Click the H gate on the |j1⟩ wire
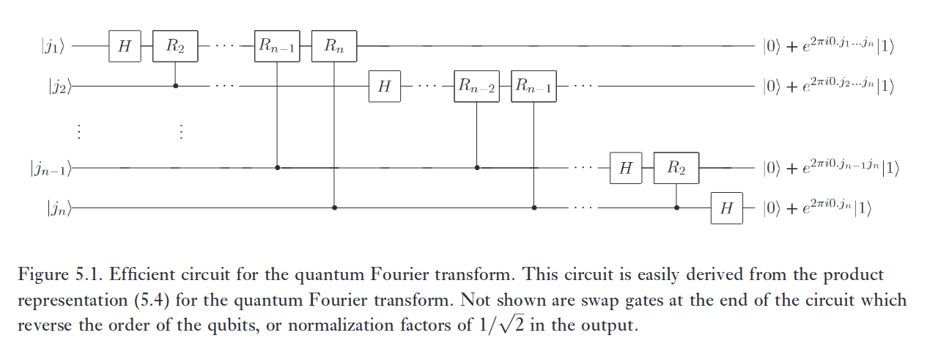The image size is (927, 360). click(124, 46)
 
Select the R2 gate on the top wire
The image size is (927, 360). click(174, 46)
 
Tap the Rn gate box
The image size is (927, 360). click(334, 46)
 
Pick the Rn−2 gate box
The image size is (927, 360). click(476, 87)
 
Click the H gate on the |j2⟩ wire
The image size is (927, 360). click(384, 87)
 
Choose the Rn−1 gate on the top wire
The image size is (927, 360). click(277, 46)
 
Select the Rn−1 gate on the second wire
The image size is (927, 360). click(533, 87)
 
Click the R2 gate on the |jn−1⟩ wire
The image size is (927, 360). click(676, 167)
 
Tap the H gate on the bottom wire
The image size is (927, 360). click(726, 207)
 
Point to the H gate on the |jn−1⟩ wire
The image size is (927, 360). click(625, 167)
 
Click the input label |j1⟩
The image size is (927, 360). click(57, 47)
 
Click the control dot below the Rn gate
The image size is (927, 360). click(335, 207)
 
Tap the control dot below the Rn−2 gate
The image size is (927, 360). click(477, 167)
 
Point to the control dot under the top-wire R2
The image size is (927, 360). click(174, 86)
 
